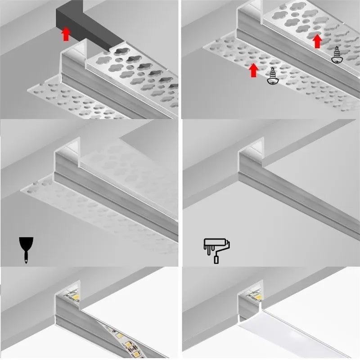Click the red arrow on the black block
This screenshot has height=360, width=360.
[x=66, y=34]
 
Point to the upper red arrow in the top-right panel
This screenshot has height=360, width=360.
[x=317, y=41]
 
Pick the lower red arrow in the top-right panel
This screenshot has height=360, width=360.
[x=253, y=70]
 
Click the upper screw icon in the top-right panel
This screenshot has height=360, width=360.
[x=336, y=54]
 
